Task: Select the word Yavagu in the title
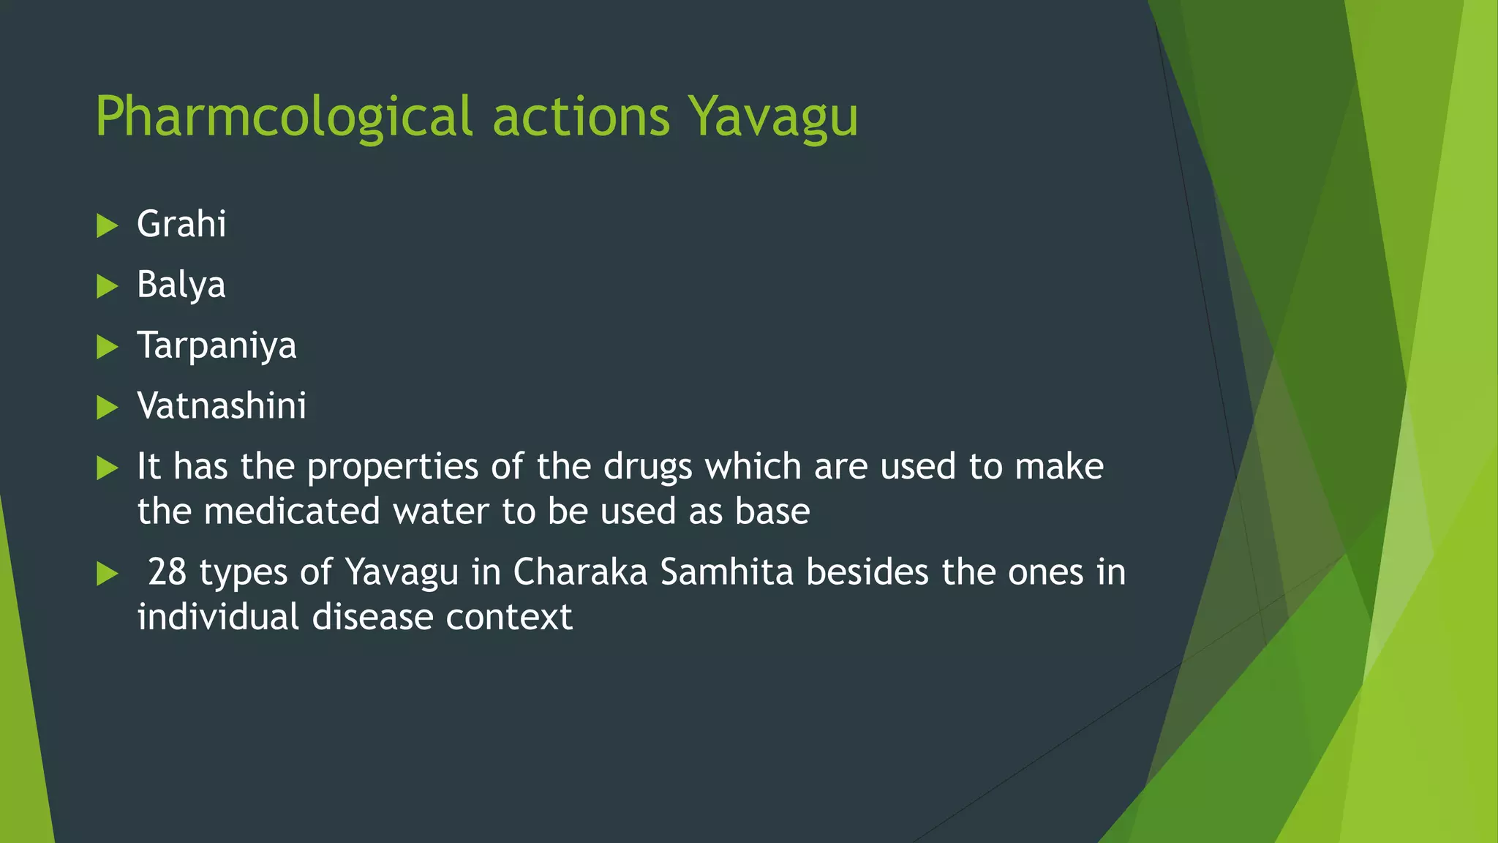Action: (773, 117)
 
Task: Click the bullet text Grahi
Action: (181, 224)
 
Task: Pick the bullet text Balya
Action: (181, 285)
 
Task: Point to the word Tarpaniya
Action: (217, 345)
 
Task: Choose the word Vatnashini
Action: (222, 406)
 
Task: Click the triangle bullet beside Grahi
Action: (107, 225)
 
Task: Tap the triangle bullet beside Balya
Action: (107, 286)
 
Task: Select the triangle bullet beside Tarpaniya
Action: (107, 347)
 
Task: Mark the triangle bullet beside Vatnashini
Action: (107, 408)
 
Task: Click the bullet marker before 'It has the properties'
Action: (107, 468)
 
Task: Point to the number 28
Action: (167, 572)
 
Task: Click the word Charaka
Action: (580, 572)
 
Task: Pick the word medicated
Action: (292, 512)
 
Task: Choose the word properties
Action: (393, 467)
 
